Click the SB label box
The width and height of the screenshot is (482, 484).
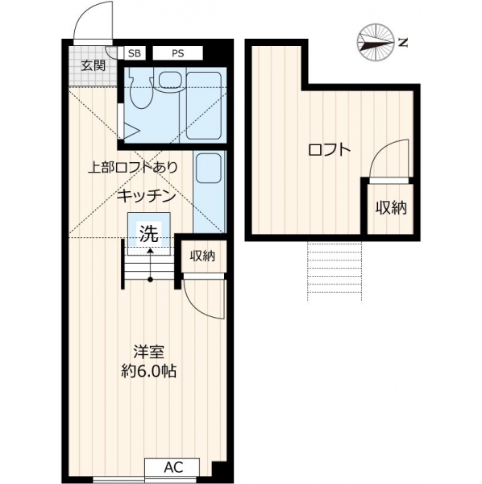[134, 53]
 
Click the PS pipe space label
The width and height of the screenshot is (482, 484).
[177, 53]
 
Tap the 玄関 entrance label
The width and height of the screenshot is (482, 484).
[93, 65]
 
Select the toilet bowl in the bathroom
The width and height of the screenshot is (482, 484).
[141, 89]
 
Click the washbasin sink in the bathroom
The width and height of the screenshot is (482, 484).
[170, 80]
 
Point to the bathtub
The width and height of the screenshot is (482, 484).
[204, 106]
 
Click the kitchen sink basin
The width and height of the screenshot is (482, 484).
[209, 169]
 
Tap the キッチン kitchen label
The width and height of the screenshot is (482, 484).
[147, 196]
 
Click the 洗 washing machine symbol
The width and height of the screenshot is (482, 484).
[149, 233]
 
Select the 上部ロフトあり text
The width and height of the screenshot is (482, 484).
[133, 167]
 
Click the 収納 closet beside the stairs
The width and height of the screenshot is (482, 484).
[202, 256]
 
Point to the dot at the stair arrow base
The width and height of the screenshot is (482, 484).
[150, 280]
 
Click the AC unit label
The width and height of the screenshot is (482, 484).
[173, 468]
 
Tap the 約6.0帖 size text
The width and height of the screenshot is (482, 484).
[149, 371]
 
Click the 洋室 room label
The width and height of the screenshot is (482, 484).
[148, 352]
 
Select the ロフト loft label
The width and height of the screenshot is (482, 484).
[330, 150]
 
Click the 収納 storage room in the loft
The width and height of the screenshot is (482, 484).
[390, 209]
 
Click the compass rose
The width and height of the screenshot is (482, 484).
[376, 42]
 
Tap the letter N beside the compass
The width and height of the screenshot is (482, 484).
[403, 42]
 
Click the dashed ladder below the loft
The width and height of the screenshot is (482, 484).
[334, 272]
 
